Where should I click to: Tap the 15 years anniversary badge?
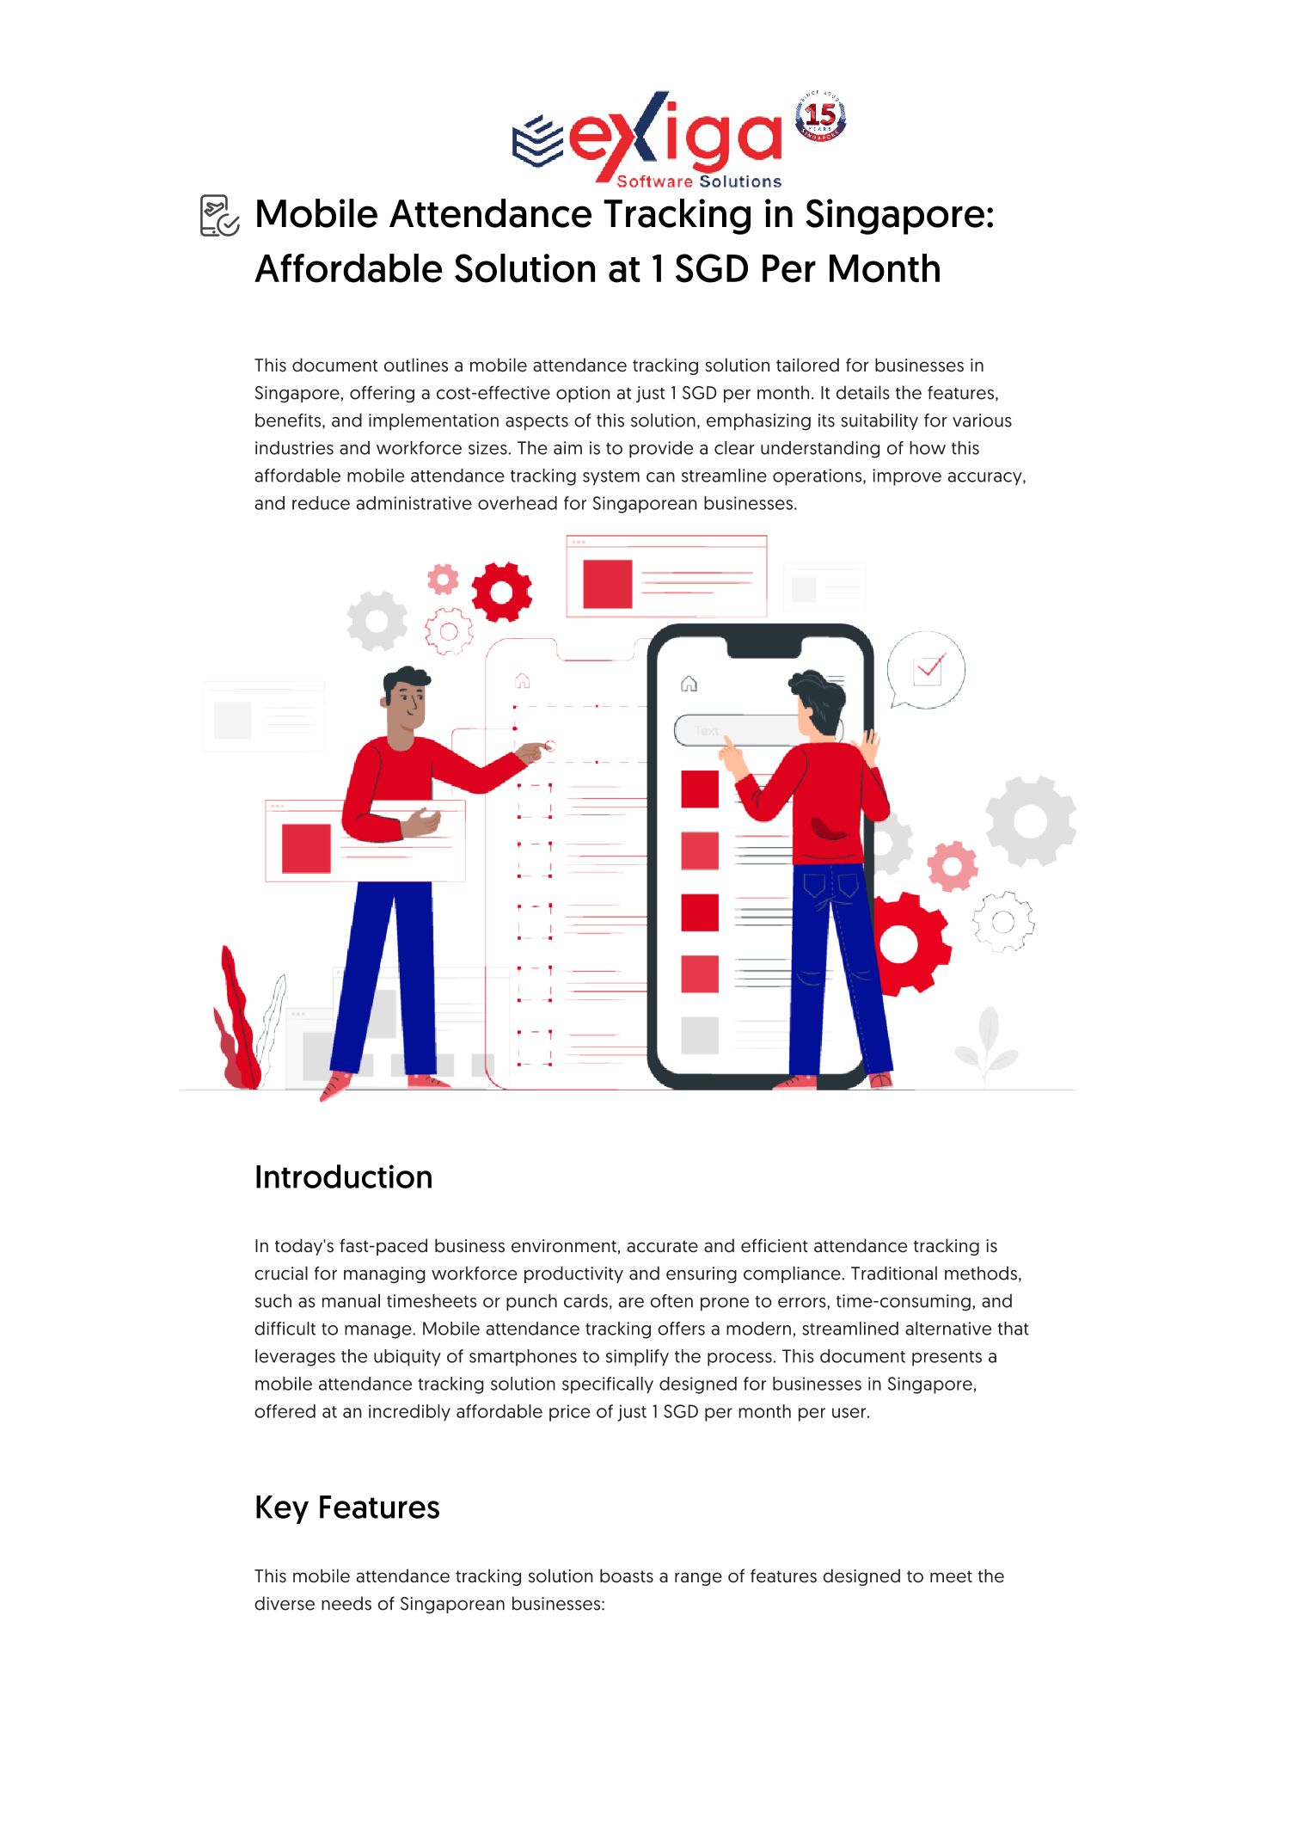(x=820, y=115)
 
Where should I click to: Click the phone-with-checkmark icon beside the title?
(x=219, y=215)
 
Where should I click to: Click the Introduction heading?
(x=344, y=1177)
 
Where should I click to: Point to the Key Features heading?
(x=347, y=1508)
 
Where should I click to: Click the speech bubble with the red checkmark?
(x=926, y=670)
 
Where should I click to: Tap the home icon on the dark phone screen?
(x=689, y=684)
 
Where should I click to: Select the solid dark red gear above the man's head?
(x=502, y=592)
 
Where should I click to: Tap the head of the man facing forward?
(x=405, y=697)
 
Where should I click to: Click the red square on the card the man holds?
(x=306, y=848)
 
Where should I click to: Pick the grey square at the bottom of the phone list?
(x=700, y=1035)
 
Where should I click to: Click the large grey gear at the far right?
(x=1030, y=820)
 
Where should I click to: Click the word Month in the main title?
(x=885, y=269)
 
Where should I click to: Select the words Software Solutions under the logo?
(x=699, y=181)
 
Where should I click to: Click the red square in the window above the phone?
(x=608, y=584)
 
